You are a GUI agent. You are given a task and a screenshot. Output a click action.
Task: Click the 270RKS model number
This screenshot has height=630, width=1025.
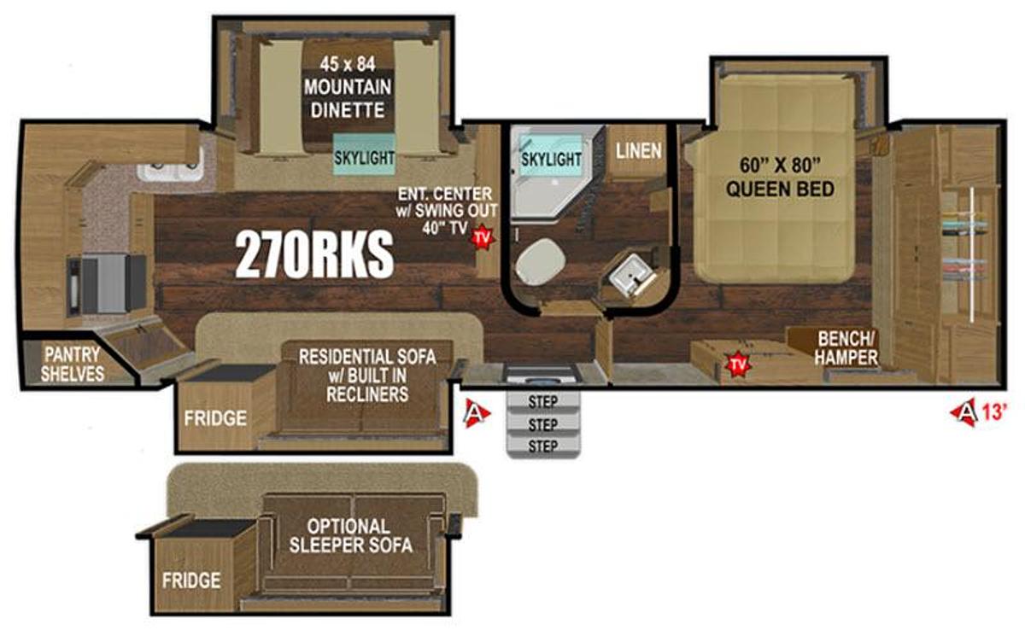(x=314, y=254)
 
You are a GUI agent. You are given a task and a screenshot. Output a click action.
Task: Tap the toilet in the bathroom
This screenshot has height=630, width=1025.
(x=540, y=261)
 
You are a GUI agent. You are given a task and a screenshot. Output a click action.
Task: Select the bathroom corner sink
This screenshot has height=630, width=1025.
(x=631, y=277)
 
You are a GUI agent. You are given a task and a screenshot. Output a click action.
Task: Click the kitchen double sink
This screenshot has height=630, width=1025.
(x=171, y=169)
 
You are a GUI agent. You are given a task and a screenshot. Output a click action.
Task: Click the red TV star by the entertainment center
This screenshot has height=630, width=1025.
(x=483, y=236)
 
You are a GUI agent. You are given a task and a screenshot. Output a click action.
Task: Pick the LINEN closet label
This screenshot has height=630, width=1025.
(x=639, y=151)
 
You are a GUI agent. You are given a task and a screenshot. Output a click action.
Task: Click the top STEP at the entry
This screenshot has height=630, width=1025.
(x=543, y=402)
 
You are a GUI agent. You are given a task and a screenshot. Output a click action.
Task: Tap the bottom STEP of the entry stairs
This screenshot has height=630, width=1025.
(x=543, y=446)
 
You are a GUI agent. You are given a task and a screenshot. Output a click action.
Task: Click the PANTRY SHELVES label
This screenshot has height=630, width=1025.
(x=73, y=364)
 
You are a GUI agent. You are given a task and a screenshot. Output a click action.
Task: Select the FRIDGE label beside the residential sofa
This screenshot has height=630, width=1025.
(x=215, y=418)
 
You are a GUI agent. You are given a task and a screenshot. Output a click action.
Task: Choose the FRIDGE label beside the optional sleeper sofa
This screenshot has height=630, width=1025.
(x=191, y=580)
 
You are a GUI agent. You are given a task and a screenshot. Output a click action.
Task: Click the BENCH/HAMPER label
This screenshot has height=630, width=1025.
(x=846, y=348)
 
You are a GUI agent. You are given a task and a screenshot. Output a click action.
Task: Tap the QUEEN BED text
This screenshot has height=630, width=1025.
(x=780, y=190)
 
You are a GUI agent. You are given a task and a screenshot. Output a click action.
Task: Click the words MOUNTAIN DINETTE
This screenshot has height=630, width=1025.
(x=348, y=98)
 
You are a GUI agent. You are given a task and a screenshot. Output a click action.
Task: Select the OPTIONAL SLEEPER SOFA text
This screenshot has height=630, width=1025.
(x=350, y=536)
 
